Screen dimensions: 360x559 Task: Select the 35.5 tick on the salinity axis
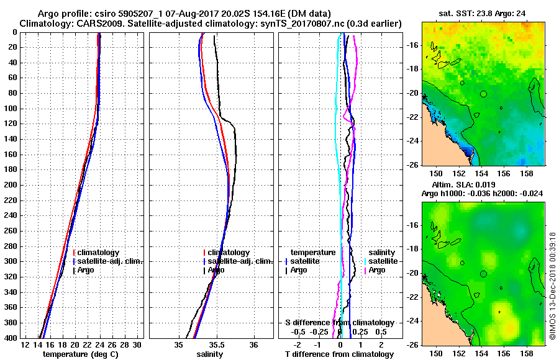pos(216,345)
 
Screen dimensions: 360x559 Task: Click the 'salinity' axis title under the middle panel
pos(211,354)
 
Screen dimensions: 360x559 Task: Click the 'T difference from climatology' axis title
pos(339,354)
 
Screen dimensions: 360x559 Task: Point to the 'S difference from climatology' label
pos(339,323)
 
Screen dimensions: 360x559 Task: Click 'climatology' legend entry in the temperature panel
pos(97,253)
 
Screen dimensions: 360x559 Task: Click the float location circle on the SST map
pos(483,94)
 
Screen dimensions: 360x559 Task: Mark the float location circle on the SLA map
pos(483,273)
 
